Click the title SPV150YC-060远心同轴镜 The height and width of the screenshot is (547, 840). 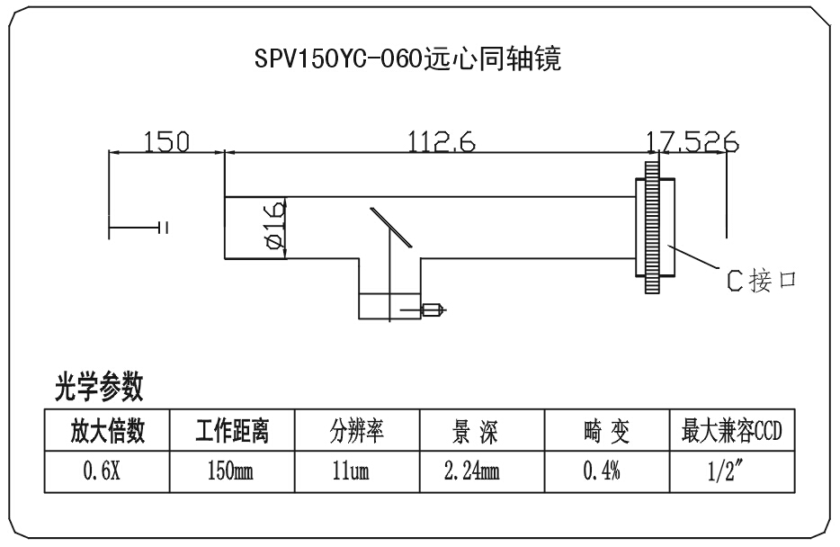coord(408,60)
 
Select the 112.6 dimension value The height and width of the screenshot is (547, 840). coord(442,141)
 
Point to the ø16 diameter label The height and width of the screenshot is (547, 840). coord(274,228)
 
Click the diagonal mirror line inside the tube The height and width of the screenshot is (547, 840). coord(390,225)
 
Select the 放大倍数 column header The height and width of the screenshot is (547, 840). coord(108,433)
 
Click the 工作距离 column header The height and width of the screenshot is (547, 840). coord(232,433)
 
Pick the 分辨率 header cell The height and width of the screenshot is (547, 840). coord(358,433)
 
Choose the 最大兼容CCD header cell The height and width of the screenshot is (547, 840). coord(731,433)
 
